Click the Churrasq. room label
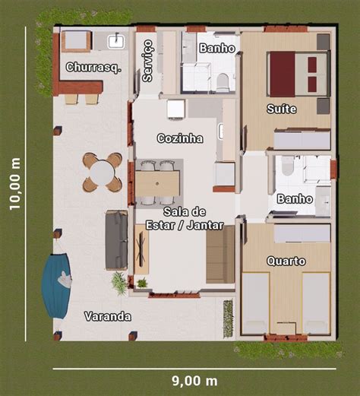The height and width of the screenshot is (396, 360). (93, 68)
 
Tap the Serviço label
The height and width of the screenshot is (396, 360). (147, 61)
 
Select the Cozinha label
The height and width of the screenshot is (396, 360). (180, 138)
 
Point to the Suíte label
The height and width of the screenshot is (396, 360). (282, 109)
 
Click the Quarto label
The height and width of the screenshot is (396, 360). (286, 261)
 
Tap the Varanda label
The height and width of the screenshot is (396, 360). (108, 316)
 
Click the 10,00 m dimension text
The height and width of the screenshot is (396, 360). (15, 184)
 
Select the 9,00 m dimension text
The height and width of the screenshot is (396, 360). (194, 381)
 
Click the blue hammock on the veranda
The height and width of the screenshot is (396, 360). (57, 286)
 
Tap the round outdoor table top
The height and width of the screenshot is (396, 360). (103, 173)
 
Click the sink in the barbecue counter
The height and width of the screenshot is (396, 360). (116, 41)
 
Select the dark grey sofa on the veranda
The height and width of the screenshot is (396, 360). (116, 239)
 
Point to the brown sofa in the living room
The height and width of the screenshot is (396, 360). (220, 255)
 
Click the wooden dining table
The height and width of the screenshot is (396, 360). (157, 184)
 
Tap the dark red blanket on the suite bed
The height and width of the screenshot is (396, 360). (283, 74)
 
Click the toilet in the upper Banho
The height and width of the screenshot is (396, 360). (223, 82)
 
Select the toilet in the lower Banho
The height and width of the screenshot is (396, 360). (288, 166)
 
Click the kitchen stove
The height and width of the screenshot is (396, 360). (175, 109)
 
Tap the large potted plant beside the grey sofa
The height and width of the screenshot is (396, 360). (119, 283)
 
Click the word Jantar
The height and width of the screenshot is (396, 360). (205, 225)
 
